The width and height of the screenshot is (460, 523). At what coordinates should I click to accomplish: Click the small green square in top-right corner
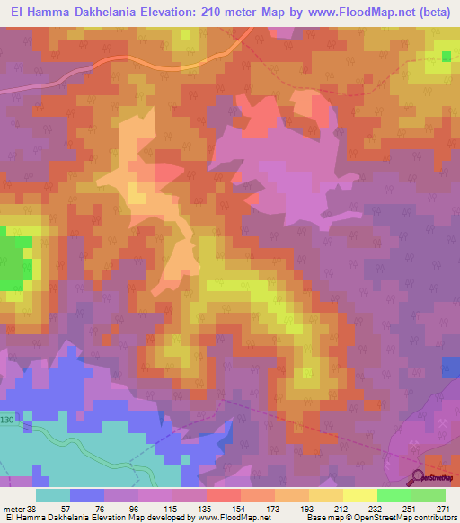[447, 57]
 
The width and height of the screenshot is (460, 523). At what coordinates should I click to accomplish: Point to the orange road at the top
[162, 66]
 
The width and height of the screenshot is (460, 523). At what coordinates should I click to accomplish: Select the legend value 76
[87, 510]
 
